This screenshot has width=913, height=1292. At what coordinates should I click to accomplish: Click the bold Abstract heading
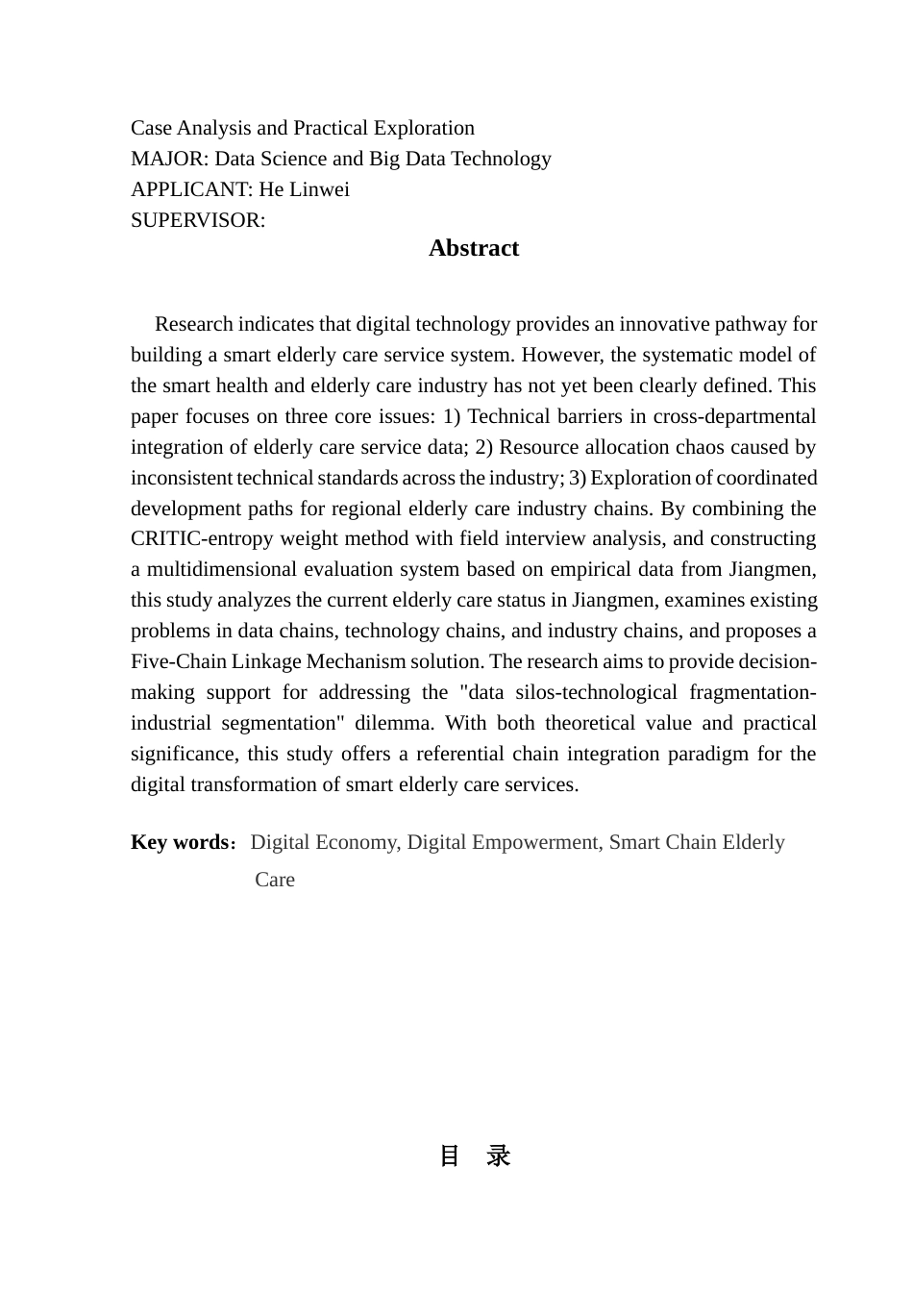pos(474,248)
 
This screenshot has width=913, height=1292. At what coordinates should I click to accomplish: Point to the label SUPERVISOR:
pos(198,220)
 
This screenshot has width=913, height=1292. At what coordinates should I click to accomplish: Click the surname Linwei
pos(320,189)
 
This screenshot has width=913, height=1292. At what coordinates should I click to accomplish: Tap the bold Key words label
pos(180,843)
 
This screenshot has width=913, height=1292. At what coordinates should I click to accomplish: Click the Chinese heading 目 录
pos(474,1156)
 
